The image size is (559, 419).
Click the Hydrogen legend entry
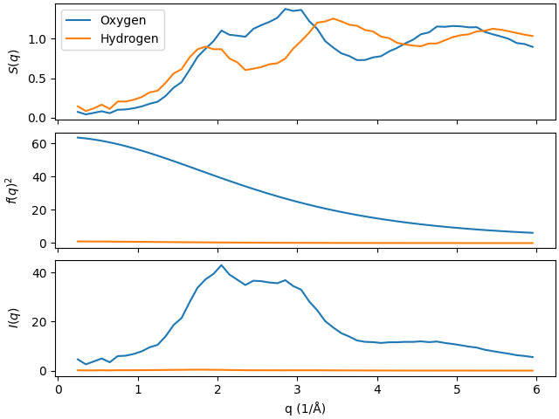pyautogui.click(x=135, y=38)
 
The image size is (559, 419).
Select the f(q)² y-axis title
pyautogui.click(x=13, y=189)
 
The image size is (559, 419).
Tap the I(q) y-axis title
pyautogui.click(x=13, y=319)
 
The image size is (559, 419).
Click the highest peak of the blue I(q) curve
pyautogui.click(x=221, y=264)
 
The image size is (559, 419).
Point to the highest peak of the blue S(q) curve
pyautogui.click(x=286, y=9)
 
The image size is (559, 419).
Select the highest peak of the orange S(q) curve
pyautogui.click(x=333, y=18)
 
